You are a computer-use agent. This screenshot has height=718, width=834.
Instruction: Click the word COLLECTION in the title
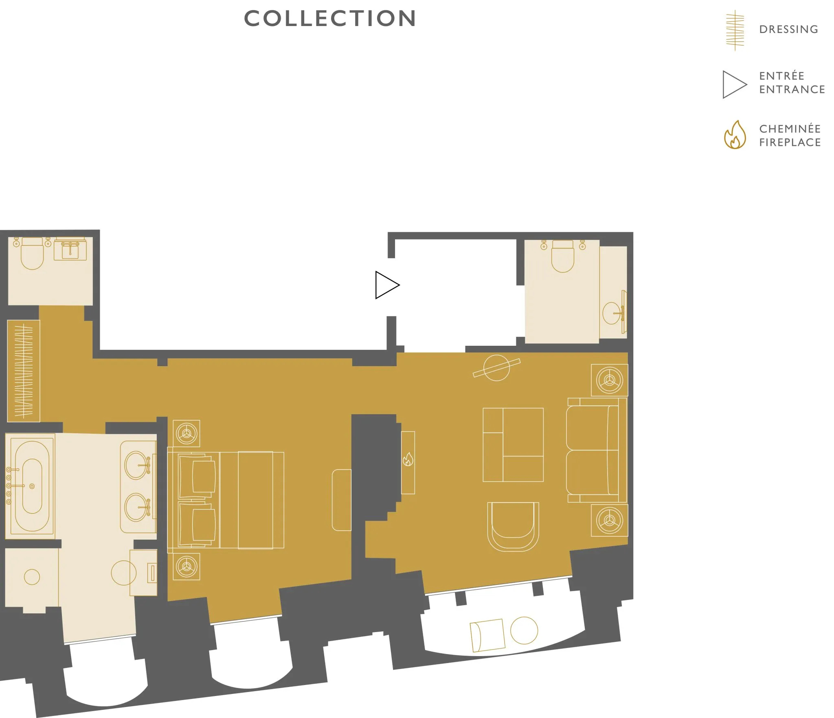point(330,18)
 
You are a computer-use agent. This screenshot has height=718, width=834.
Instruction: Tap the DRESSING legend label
point(788,29)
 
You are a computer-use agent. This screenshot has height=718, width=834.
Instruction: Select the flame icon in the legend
point(735,135)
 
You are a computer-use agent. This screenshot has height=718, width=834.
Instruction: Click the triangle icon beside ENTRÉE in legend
point(734,85)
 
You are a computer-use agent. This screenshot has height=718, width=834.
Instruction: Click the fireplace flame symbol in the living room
point(408,459)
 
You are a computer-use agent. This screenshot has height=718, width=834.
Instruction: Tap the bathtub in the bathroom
point(32,486)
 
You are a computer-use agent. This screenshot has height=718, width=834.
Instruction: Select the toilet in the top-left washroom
point(32,253)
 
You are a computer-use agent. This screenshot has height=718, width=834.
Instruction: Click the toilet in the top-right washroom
point(562,256)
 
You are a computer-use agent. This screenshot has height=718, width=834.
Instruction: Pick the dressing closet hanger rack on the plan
point(24,371)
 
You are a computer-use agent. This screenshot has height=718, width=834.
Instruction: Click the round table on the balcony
point(524,630)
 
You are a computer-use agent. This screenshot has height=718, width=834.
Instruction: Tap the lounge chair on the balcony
point(487,635)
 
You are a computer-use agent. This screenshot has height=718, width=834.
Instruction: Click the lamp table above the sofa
point(609,380)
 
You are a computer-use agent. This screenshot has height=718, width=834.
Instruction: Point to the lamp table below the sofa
point(609,520)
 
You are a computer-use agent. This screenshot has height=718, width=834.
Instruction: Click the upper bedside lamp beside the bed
point(187,433)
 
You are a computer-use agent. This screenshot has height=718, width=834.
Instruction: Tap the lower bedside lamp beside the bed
point(187,566)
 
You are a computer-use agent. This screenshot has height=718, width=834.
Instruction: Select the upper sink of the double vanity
point(136,465)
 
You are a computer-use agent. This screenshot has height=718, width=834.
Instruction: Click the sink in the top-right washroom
point(612,313)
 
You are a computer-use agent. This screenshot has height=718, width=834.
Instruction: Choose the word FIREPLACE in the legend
point(790,143)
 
